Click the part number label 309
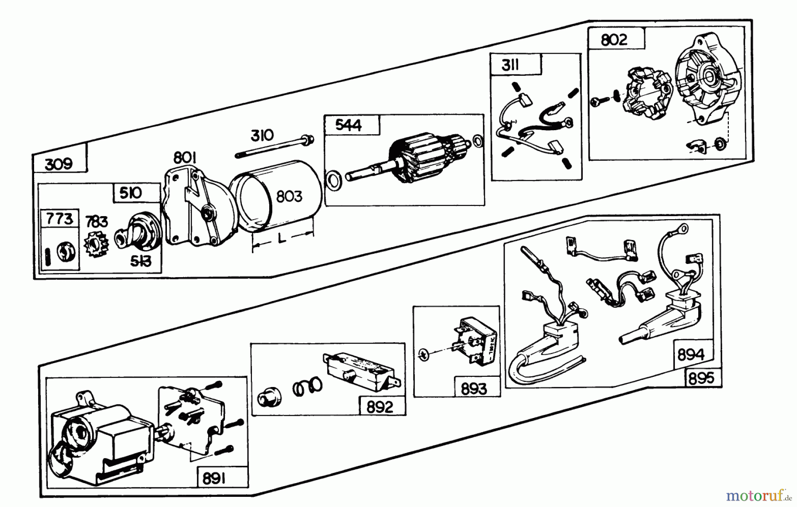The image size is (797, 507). point(59,164)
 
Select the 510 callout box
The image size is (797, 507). point(131,193)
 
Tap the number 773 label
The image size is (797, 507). point(59,219)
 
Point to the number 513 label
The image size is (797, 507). point(140,261)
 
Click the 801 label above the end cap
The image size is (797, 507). point(185,157)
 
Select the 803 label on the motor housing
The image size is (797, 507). point(289,196)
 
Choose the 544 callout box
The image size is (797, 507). point(348,125)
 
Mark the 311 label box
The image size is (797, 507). point(510,66)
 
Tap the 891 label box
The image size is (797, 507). point(214,479)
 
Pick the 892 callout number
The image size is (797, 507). point(380,407)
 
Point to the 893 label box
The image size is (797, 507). point(474,388)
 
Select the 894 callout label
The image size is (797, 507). point(691,355)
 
